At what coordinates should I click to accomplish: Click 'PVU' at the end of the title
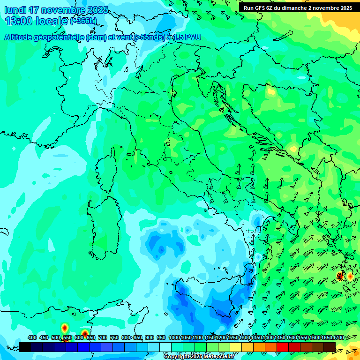(x=191, y=37)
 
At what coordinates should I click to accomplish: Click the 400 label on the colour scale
(x=32, y=337)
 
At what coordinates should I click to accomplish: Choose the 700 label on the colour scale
(x=103, y=337)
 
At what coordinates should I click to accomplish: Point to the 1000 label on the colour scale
(x=174, y=337)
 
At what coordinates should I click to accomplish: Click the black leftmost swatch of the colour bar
(x=25, y=347)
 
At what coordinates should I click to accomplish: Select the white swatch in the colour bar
(x=165, y=347)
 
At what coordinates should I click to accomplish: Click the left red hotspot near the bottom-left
(x=65, y=329)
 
